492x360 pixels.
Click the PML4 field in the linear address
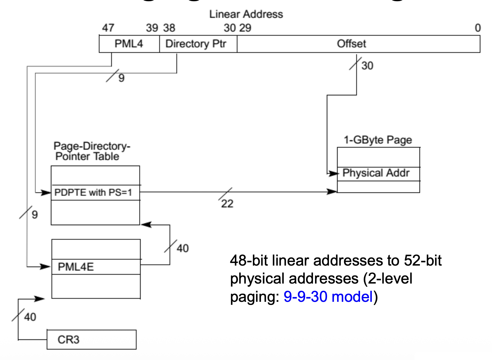click(x=129, y=44)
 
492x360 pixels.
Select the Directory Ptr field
click(x=196, y=44)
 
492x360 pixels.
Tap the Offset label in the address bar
click(x=351, y=44)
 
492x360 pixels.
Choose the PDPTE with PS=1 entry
click(x=93, y=193)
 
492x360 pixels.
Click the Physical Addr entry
click(x=376, y=173)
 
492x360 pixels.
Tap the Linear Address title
click(x=246, y=14)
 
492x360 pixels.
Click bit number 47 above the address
click(x=108, y=28)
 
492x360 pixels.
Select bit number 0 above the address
click(x=477, y=28)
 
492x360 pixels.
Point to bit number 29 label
click(x=245, y=28)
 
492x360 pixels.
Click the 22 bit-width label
click(x=227, y=204)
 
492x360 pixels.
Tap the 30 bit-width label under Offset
click(x=367, y=66)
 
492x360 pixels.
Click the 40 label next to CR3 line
click(x=30, y=317)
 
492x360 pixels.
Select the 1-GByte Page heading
click(x=378, y=140)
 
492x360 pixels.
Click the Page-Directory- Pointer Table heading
click(x=91, y=151)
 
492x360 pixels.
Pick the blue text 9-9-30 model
click(x=328, y=297)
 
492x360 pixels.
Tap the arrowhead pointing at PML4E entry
click(x=46, y=267)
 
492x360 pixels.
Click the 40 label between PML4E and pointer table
click(x=182, y=248)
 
